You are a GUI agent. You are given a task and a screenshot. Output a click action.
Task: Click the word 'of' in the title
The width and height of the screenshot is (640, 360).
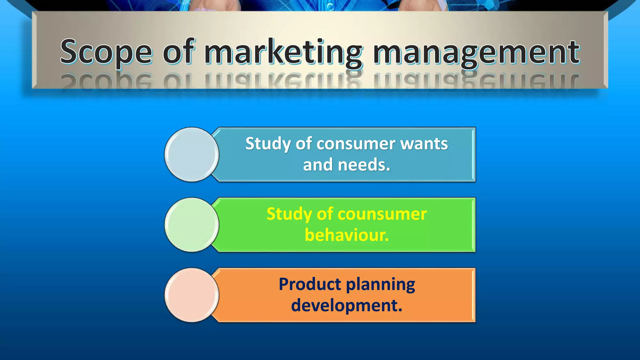(x=179, y=52)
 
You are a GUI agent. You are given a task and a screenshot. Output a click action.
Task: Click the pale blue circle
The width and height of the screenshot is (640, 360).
(x=192, y=154)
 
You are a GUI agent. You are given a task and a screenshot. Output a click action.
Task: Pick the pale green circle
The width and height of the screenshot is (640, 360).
(x=192, y=225)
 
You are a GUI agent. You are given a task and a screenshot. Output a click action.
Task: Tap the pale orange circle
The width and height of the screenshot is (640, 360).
(x=192, y=295)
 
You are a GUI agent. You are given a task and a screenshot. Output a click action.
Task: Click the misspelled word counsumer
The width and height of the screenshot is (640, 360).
(x=382, y=214)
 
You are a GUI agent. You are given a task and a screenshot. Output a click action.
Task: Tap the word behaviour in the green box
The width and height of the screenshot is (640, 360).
(x=346, y=235)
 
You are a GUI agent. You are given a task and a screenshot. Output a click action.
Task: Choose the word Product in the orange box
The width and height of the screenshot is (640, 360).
(x=310, y=284)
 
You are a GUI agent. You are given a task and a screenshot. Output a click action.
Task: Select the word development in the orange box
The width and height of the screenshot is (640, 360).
(x=346, y=306)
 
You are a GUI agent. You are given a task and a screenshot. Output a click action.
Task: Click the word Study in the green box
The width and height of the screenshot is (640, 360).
(x=289, y=214)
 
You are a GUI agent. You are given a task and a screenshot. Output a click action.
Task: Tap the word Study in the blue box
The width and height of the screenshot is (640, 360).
(x=268, y=144)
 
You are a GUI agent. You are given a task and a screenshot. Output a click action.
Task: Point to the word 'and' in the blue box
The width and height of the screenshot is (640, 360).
(x=317, y=165)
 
